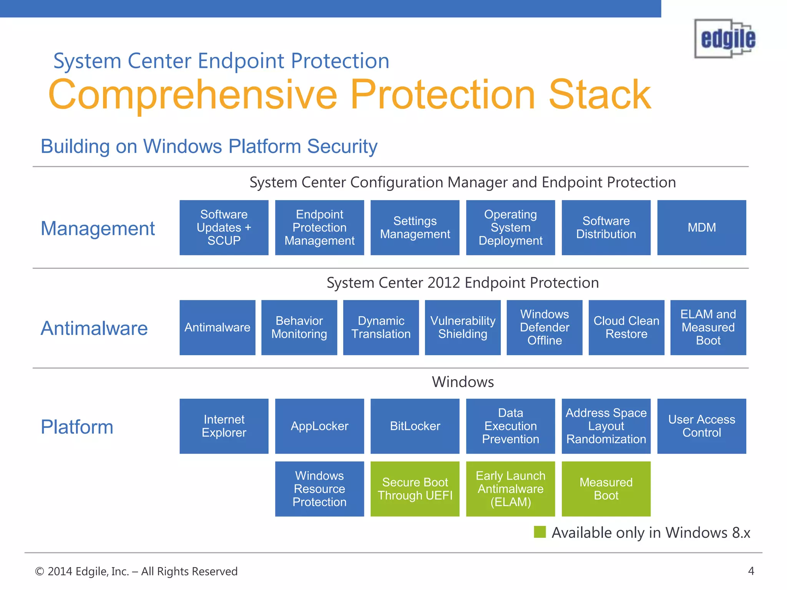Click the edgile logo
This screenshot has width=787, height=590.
pyautogui.click(x=725, y=39)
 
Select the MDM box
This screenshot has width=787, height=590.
pyautogui.click(x=701, y=227)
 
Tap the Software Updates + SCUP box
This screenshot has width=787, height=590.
pyautogui.click(x=224, y=227)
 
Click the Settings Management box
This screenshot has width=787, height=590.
pyautogui.click(x=415, y=227)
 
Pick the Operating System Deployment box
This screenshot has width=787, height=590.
pyautogui.click(x=510, y=227)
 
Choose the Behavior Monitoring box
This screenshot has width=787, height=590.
pyautogui.click(x=299, y=327)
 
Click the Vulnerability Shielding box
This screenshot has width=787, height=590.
pyautogui.click(x=463, y=327)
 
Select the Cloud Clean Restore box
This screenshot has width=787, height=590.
pyautogui.click(x=626, y=327)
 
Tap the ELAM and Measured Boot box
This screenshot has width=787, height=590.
pyautogui.click(x=708, y=327)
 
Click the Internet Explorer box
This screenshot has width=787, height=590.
pyautogui.click(x=224, y=426)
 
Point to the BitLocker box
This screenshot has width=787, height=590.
pyautogui.click(x=415, y=426)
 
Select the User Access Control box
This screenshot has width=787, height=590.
pyautogui.click(x=701, y=426)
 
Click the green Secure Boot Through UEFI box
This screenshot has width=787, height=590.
pyautogui.click(x=415, y=489)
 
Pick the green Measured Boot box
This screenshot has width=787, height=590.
pyautogui.click(x=606, y=489)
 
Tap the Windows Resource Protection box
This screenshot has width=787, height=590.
pyautogui.click(x=319, y=489)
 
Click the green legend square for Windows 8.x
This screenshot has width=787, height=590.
pyautogui.click(x=540, y=532)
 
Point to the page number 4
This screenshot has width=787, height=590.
pyautogui.click(x=751, y=571)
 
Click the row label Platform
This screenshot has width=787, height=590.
pyautogui.click(x=77, y=427)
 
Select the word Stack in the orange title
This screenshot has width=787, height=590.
pyautogui.click(x=599, y=94)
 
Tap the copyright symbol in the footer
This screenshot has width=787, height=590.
pyautogui.click(x=39, y=572)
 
